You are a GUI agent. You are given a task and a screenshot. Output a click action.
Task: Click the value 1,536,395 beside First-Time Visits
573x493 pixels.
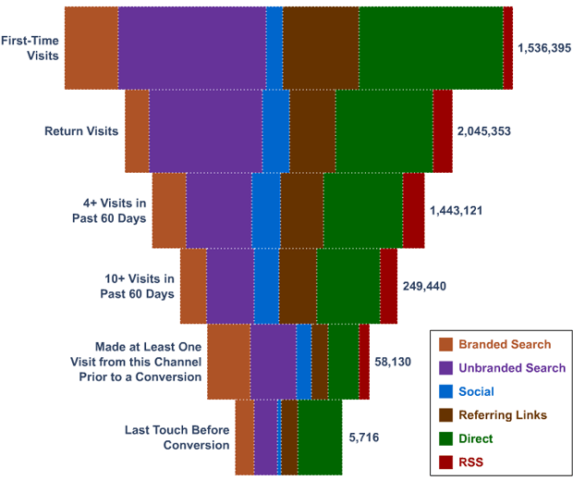click(x=544, y=47)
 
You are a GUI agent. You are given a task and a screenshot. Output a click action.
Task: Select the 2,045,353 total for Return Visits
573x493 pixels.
click(x=483, y=131)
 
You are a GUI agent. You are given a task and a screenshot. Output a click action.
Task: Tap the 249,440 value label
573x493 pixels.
click(x=424, y=286)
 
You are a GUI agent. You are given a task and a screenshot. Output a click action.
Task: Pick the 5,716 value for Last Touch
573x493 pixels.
click(x=363, y=437)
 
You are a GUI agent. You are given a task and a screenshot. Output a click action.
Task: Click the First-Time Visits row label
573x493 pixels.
click(x=30, y=48)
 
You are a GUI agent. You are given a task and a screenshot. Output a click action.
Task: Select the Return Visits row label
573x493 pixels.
click(x=81, y=131)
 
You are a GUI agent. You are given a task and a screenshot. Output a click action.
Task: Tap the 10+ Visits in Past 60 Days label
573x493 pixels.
click(x=137, y=286)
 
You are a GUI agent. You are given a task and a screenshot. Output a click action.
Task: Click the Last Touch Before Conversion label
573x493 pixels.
click(x=177, y=438)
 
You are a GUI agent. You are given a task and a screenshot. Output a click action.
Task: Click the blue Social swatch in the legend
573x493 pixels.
click(x=446, y=392)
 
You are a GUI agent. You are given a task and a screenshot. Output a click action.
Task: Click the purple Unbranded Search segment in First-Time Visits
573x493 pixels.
click(x=191, y=47)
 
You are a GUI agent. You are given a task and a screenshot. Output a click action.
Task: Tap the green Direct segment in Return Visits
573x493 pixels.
click(x=384, y=130)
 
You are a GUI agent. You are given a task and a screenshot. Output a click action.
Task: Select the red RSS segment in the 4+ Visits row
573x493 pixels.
click(x=413, y=210)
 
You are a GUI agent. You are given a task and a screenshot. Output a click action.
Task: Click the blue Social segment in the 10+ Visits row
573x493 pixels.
click(x=266, y=286)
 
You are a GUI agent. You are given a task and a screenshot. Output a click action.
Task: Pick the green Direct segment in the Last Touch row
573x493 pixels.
click(x=320, y=437)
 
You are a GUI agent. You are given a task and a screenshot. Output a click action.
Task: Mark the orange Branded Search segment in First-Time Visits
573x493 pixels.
click(x=91, y=47)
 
